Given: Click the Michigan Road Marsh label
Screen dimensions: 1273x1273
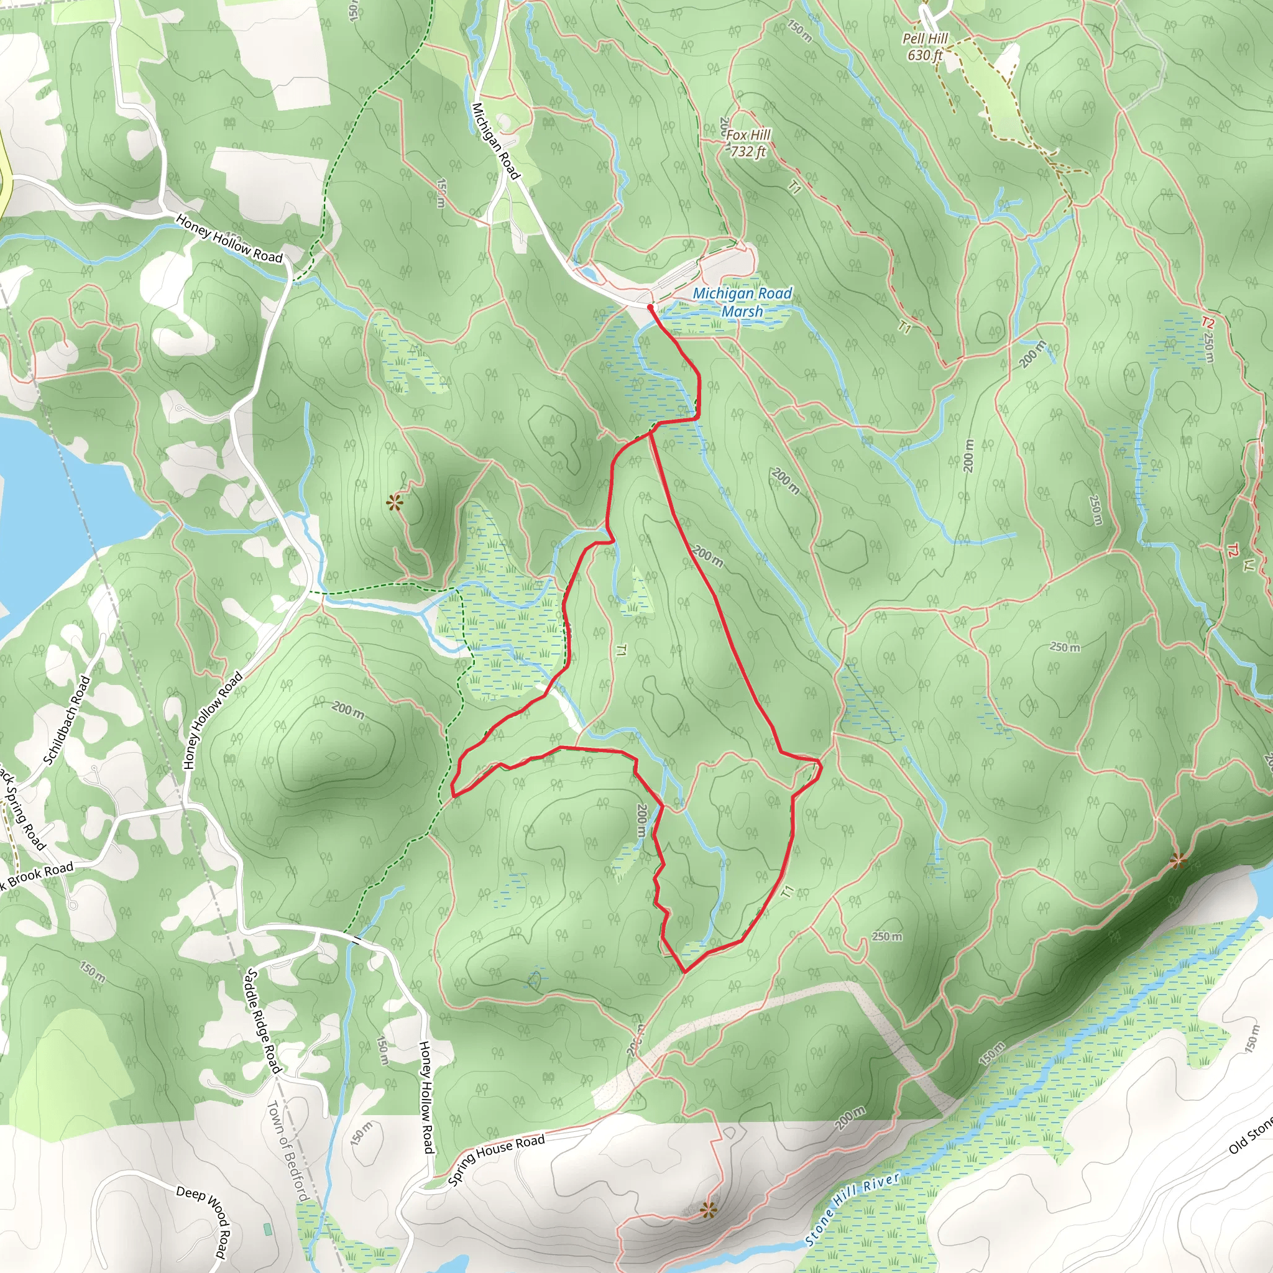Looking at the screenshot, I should pyautogui.click(x=743, y=303).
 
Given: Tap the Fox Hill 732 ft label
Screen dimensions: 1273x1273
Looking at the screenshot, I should pyautogui.click(x=748, y=143).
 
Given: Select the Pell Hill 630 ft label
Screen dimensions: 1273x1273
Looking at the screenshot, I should pyautogui.click(x=924, y=47).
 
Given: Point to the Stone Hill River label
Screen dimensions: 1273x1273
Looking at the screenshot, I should pyautogui.click(x=852, y=1210).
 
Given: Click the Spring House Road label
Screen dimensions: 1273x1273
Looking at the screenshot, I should pyautogui.click(x=496, y=1160).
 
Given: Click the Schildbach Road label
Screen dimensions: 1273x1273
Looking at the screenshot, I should pyautogui.click(x=67, y=720).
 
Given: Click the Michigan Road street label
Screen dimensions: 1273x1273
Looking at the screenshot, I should pyautogui.click(x=495, y=140).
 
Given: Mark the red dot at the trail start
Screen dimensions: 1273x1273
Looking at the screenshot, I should pyautogui.click(x=650, y=307).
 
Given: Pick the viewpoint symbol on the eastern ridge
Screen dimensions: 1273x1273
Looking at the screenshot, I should pyautogui.click(x=1178, y=860).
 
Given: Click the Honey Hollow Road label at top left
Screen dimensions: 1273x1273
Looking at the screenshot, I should pyautogui.click(x=229, y=239).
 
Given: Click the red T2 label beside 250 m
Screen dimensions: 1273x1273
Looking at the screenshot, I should pyautogui.click(x=1206, y=322).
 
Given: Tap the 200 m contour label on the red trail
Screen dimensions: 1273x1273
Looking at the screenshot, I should pyautogui.click(x=707, y=557).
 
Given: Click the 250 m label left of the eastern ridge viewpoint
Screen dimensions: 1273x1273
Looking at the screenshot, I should pyautogui.click(x=887, y=936).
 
